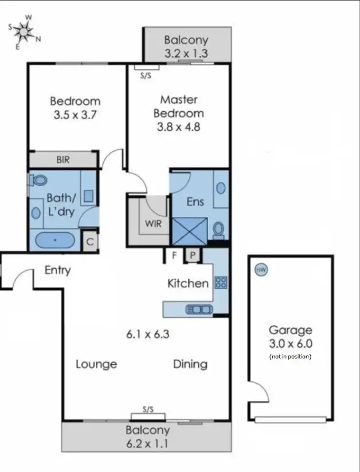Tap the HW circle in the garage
click(261, 270)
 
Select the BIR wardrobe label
click(63, 160)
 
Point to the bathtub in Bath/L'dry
click(56, 240)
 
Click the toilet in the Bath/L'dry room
click(38, 181)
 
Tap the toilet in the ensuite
click(218, 229)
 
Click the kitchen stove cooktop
click(221, 282)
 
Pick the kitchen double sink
click(198, 309)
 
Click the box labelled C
click(90, 241)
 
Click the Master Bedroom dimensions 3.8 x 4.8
click(178, 127)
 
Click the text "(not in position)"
click(290, 357)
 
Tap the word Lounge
click(96, 364)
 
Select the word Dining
click(190, 364)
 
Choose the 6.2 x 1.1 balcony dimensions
click(148, 443)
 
